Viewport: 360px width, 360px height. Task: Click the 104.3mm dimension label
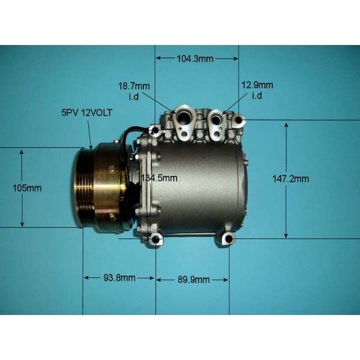(195, 59)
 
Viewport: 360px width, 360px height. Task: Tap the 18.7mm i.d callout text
(134, 91)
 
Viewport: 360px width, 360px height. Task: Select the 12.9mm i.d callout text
(257, 90)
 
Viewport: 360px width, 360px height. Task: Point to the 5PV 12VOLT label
(87, 113)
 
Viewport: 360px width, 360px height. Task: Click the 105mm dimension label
(27, 188)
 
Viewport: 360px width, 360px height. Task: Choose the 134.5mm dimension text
(159, 178)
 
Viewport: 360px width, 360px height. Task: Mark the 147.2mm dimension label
(290, 179)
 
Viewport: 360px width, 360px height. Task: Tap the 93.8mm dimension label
(119, 278)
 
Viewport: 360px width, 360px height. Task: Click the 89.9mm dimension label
(194, 280)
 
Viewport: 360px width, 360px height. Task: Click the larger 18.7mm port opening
(183, 117)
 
